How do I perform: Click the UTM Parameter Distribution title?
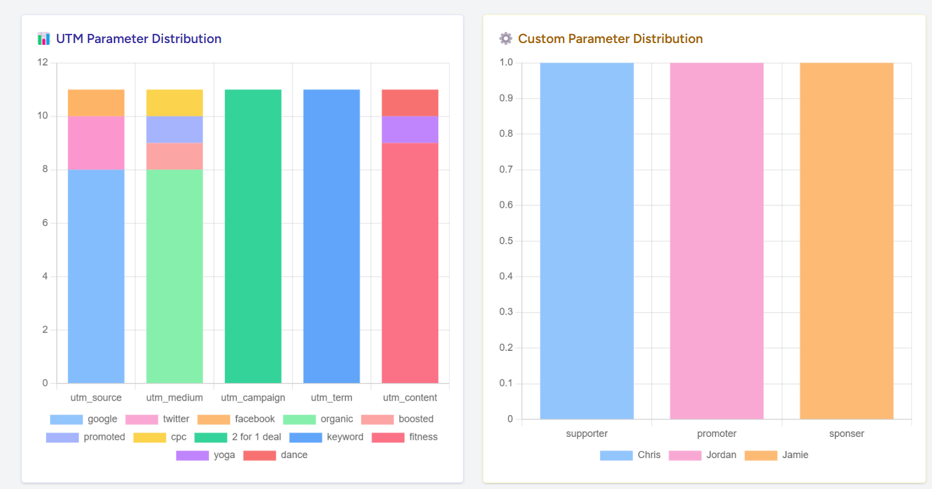[x=138, y=39]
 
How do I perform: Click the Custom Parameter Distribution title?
[x=610, y=39]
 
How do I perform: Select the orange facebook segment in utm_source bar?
[x=96, y=102]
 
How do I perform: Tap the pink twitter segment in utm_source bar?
[x=96, y=142]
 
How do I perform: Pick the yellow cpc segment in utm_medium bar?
[x=175, y=102]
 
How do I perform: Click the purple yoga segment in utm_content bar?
[x=410, y=129]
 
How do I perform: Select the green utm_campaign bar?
[x=253, y=236]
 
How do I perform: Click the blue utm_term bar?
[x=331, y=236]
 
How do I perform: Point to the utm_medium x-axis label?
[x=175, y=398]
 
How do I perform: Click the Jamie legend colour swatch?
[x=761, y=455]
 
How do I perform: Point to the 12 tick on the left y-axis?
[x=42, y=62]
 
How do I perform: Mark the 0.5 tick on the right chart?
[x=506, y=241]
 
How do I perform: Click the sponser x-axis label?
[x=847, y=433]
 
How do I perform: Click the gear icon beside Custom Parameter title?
[x=505, y=39]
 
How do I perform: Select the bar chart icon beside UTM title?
[x=44, y=39]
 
